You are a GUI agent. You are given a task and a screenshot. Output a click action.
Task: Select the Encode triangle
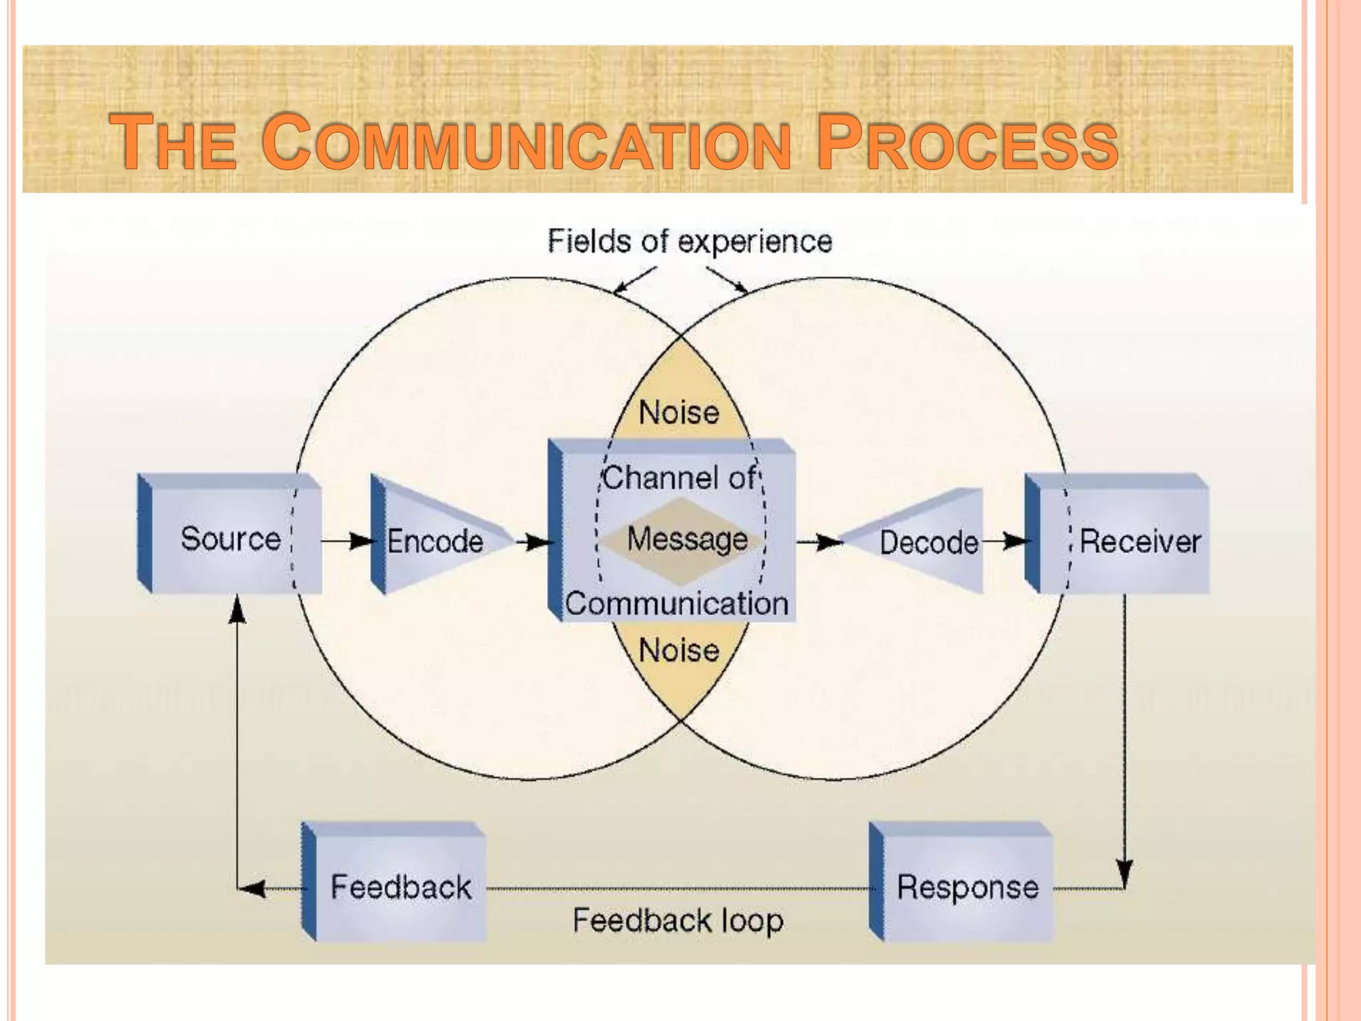click(435, 540)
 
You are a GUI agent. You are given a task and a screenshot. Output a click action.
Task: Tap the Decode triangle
click(928, 542)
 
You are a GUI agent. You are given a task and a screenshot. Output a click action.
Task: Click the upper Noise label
click(679, 413)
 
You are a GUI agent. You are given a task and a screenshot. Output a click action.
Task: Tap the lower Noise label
click(679, 650)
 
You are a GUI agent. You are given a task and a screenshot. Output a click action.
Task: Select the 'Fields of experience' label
click(689, 241)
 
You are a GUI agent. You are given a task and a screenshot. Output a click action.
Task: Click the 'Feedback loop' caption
click(678, 921)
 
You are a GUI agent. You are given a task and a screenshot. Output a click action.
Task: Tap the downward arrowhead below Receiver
click(1124, 871)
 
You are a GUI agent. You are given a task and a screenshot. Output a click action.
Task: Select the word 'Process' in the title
click(967, 143)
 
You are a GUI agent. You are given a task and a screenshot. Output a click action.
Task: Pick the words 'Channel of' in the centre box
click(679, 477)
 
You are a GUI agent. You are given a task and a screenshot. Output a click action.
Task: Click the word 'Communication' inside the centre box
click(677, 604)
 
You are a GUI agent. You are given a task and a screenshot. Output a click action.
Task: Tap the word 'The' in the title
click(173, 143)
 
